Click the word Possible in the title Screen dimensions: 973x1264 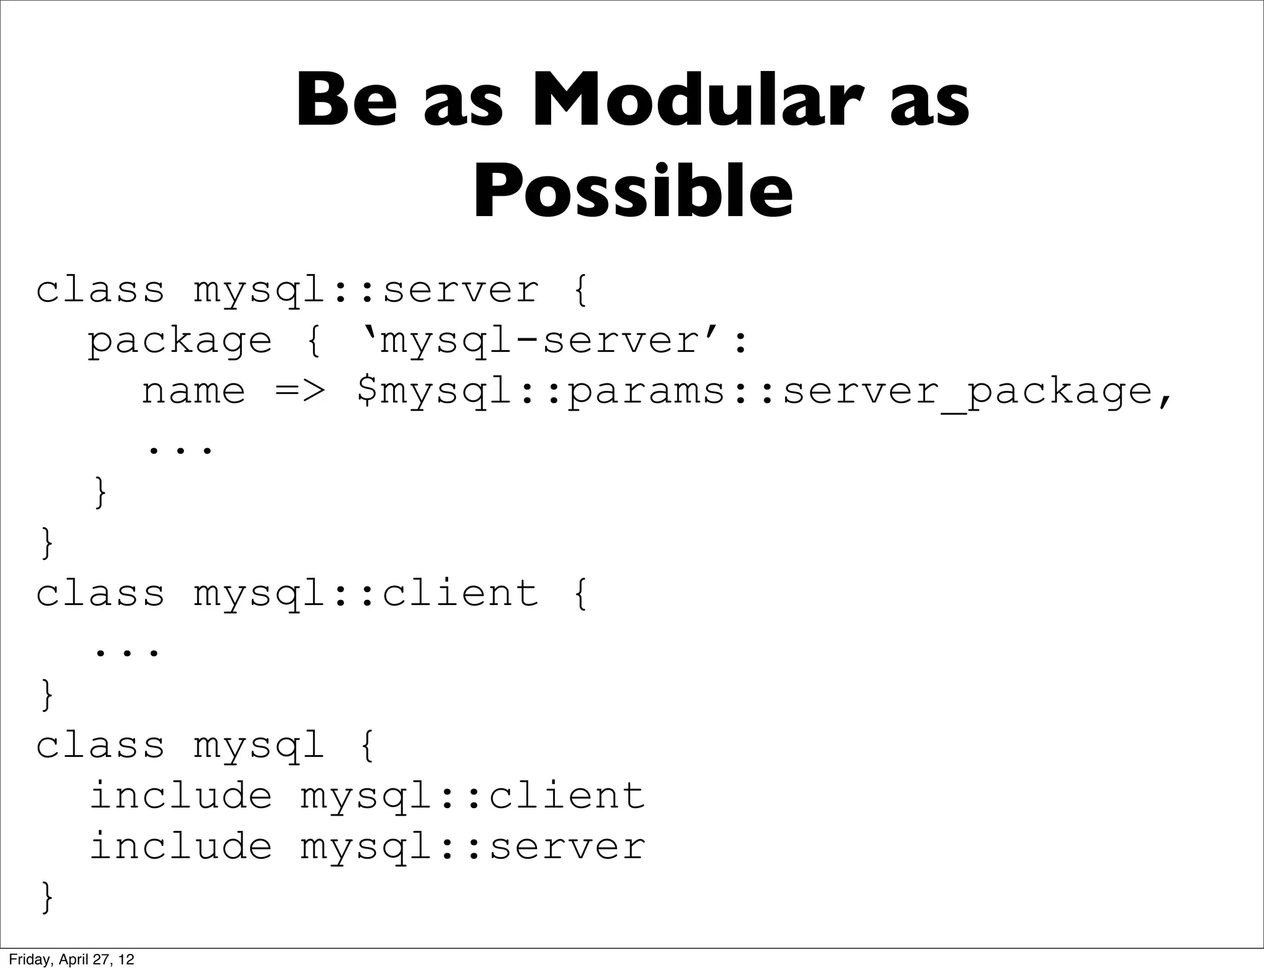(x=633, y=191)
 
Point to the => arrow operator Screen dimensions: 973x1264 (x=299, y=391)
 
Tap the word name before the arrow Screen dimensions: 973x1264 (x=194, y=391)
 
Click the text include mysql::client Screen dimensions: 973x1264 (x=368, y=795)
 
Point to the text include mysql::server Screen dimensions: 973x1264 (x=368, y=846)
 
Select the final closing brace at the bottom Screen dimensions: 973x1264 (x=47, y=897)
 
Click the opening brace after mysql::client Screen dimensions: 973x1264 (x=580, y=594)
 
